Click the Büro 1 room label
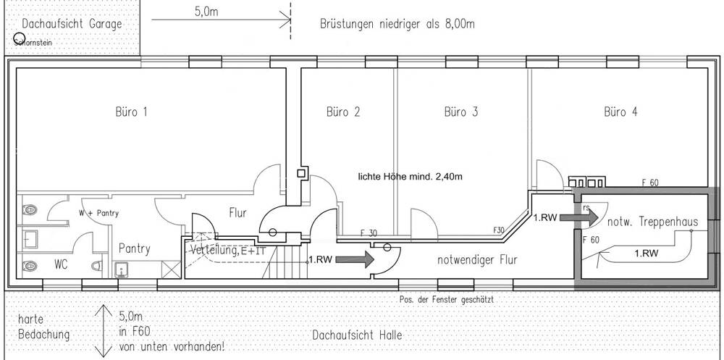pos(131,112)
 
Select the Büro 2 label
pos(343,112)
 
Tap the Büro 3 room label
pos(461,112)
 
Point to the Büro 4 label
pos(621,112)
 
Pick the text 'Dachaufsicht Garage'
pos(72,24)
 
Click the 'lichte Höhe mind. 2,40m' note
pos(411,176)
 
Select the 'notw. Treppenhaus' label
pos(647,220)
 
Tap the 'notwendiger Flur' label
pos(477,259)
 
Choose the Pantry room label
pos(135,248)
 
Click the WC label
pos(61,264)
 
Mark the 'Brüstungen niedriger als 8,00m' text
pos(397,24)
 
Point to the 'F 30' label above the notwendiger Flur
pos(369,233)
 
